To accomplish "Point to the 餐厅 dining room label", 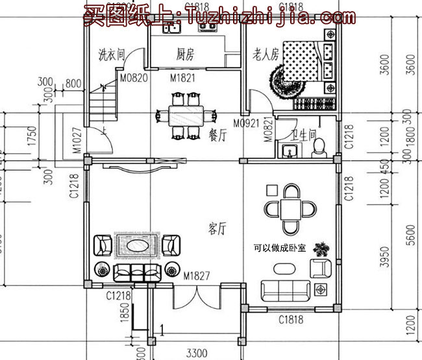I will tap(217, 136).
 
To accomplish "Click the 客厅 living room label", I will tap(217, 228).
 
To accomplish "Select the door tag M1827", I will tap(196, 276).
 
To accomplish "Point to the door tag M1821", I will tap(183, 78).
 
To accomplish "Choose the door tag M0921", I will tap(246, 123).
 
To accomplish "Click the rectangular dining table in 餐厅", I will tap(186, 117).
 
